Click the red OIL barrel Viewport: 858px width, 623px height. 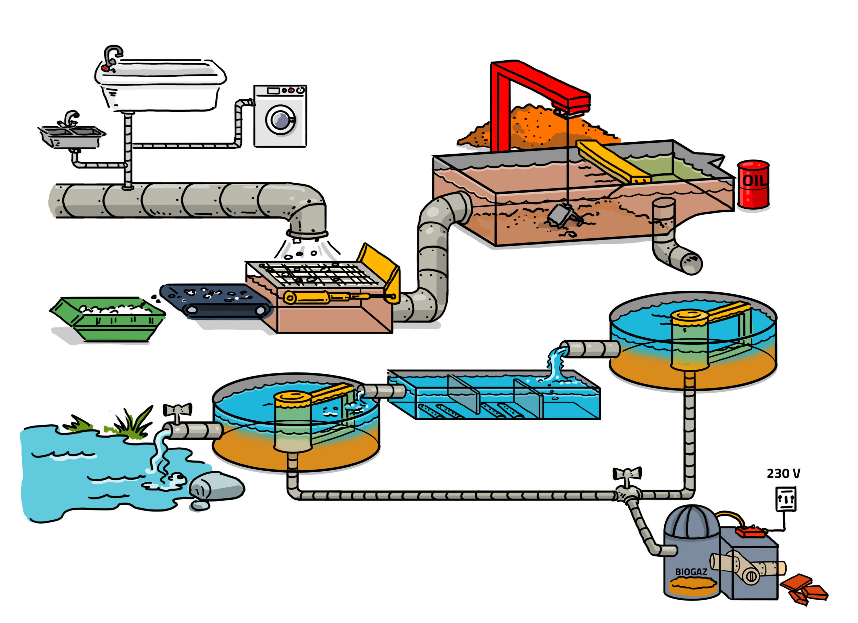(x=753, y=185)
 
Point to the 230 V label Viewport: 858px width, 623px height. (x=784, y=473)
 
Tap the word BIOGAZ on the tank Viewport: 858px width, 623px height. (x=691, y=572)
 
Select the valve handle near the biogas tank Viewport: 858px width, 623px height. (x=627, y=474)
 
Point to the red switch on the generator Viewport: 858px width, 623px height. (x=751, y=531)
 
